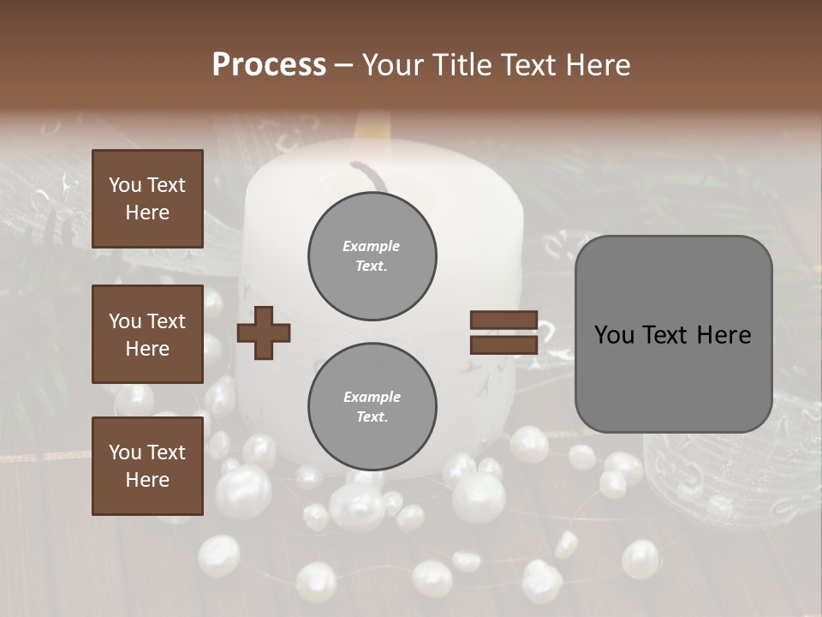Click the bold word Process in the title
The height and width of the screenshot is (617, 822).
click(269, 65)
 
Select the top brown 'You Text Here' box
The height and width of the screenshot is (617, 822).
click(147, 199)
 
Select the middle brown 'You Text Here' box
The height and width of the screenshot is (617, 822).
click(147, 334)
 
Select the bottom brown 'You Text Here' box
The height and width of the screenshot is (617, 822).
click(147, 466)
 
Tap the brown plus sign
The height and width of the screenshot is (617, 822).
click(263, 332)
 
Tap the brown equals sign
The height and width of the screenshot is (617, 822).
click(503, 332)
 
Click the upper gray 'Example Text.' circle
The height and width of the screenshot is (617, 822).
click(372, 256)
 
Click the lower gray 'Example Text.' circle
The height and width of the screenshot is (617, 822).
click(372, 406)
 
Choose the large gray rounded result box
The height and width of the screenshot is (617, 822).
click(673, 334)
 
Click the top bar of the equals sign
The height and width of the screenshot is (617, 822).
click(503, 320)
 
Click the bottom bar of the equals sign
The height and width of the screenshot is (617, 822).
click(503, 344)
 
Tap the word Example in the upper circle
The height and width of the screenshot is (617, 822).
click(372, 246)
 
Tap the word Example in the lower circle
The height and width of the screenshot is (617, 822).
click(372, 397)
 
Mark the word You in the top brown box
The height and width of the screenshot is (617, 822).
click(125, 185)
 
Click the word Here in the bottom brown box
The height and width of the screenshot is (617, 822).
click(147, 480)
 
